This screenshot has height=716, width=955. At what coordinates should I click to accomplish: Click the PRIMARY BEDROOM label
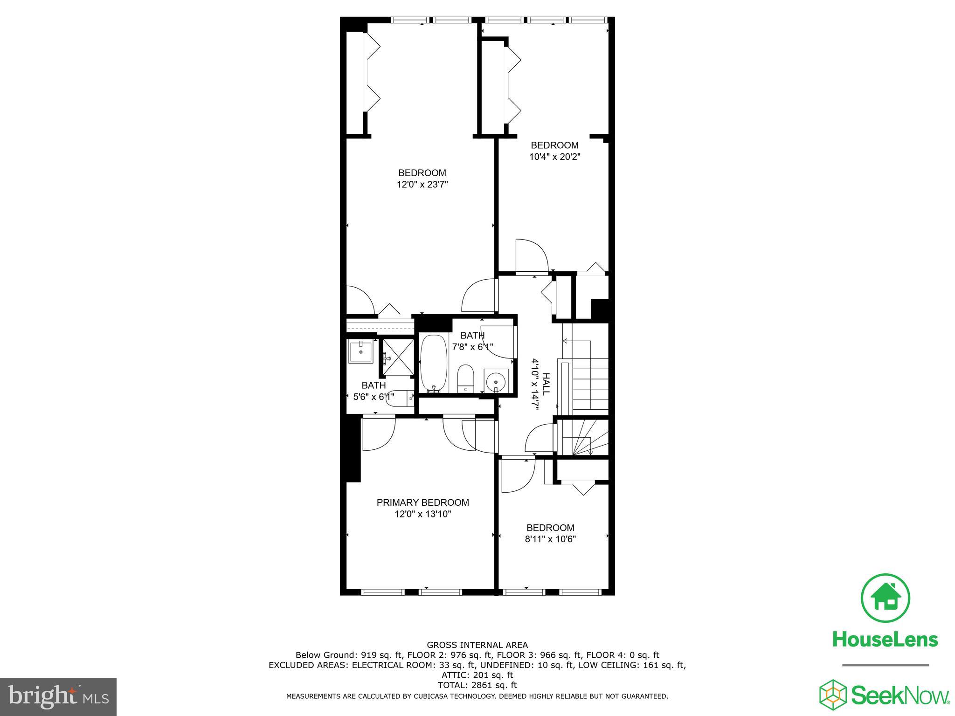[422, 503]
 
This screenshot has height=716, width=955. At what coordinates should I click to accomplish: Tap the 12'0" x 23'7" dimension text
[422, 185]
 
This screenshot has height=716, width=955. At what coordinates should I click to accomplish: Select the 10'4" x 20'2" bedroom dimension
[554, 157]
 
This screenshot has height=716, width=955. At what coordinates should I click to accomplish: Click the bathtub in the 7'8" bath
[434, 364]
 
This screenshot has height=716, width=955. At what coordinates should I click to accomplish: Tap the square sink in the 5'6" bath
[361, 351]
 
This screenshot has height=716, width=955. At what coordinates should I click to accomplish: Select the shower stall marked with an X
[398, 357]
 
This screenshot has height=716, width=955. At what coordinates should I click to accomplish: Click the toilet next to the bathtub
[465, 379]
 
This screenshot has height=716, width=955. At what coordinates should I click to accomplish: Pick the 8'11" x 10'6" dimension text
[550, 539]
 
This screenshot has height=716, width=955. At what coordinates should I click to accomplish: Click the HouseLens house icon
[885, 598]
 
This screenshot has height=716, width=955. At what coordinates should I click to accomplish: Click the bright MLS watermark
[58, 697]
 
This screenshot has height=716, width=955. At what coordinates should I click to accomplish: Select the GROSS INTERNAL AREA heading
[477, 645]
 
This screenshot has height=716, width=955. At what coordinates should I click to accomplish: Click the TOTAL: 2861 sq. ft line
[477, 685]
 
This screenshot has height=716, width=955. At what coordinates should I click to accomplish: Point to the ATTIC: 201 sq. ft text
[477, 675]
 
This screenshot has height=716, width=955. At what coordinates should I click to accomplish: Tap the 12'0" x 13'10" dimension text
[422, 514]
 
